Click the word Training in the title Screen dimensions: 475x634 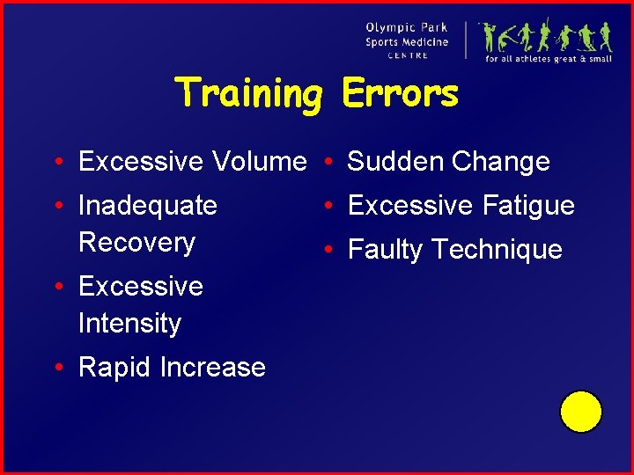pyautogui.click(x=249, y=93)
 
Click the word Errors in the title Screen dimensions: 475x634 pyautogui.click(x=400, y=92)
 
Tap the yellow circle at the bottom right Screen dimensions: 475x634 pyautogui.click(x=580, y=412)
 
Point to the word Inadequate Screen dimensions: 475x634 pyautogui.click(x=147, y=206)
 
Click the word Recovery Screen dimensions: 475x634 pyautogui.click(x=136, y=243)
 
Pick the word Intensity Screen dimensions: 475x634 pyautogui.click(x=129, y=324)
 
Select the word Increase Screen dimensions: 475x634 pyautogui.click(x=213, y=367)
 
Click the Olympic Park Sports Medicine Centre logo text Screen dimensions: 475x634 pyautogui.click(x=407, y=40)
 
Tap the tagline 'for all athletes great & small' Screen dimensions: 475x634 pyautogui.click(x=548, y=59)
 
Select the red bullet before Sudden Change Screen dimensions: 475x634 pyautogui.click(x=326, y=161)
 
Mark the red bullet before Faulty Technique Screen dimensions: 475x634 pyautogui.click(x=326, y=249)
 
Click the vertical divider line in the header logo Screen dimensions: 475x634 pyautogui.click(x=467, y=40)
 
